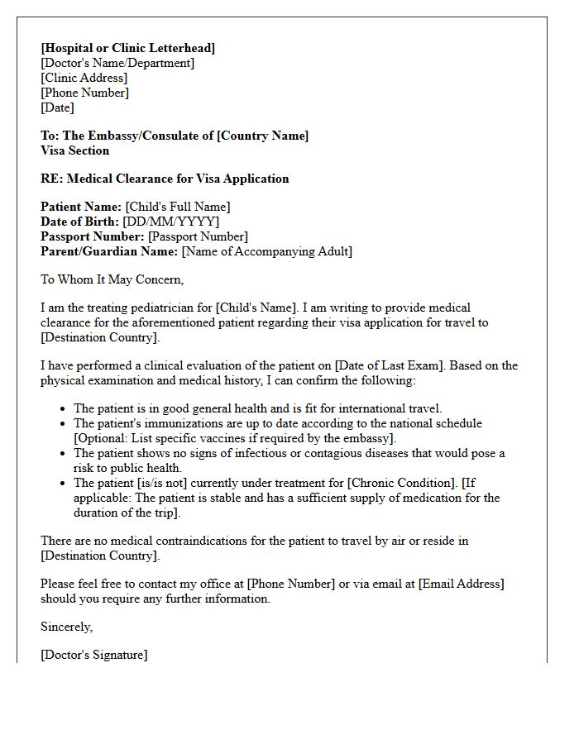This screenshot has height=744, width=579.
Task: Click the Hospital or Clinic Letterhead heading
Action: [127, 48]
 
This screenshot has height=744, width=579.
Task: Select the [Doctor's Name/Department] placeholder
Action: [117, 63]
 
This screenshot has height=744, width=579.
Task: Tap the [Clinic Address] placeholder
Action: [84, 78]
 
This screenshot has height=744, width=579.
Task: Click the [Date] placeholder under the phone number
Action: [57, 107]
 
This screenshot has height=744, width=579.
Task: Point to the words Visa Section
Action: [74, 150]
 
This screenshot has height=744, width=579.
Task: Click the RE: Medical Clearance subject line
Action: [165, 179]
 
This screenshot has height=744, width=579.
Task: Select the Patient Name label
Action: [81, 207]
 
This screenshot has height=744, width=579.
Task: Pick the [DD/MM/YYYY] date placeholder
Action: [171, 222]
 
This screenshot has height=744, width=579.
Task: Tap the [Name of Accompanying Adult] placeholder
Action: [266, 251]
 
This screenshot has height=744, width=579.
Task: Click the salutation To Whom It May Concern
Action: [112, 279]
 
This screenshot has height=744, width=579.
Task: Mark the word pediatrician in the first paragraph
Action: [156, 308]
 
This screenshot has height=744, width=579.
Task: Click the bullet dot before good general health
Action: [64, 409]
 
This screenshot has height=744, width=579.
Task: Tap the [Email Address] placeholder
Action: [461, 584]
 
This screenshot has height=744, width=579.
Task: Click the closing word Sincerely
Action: [66, 627]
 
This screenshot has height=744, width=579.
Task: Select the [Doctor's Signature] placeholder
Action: [93, 655]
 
